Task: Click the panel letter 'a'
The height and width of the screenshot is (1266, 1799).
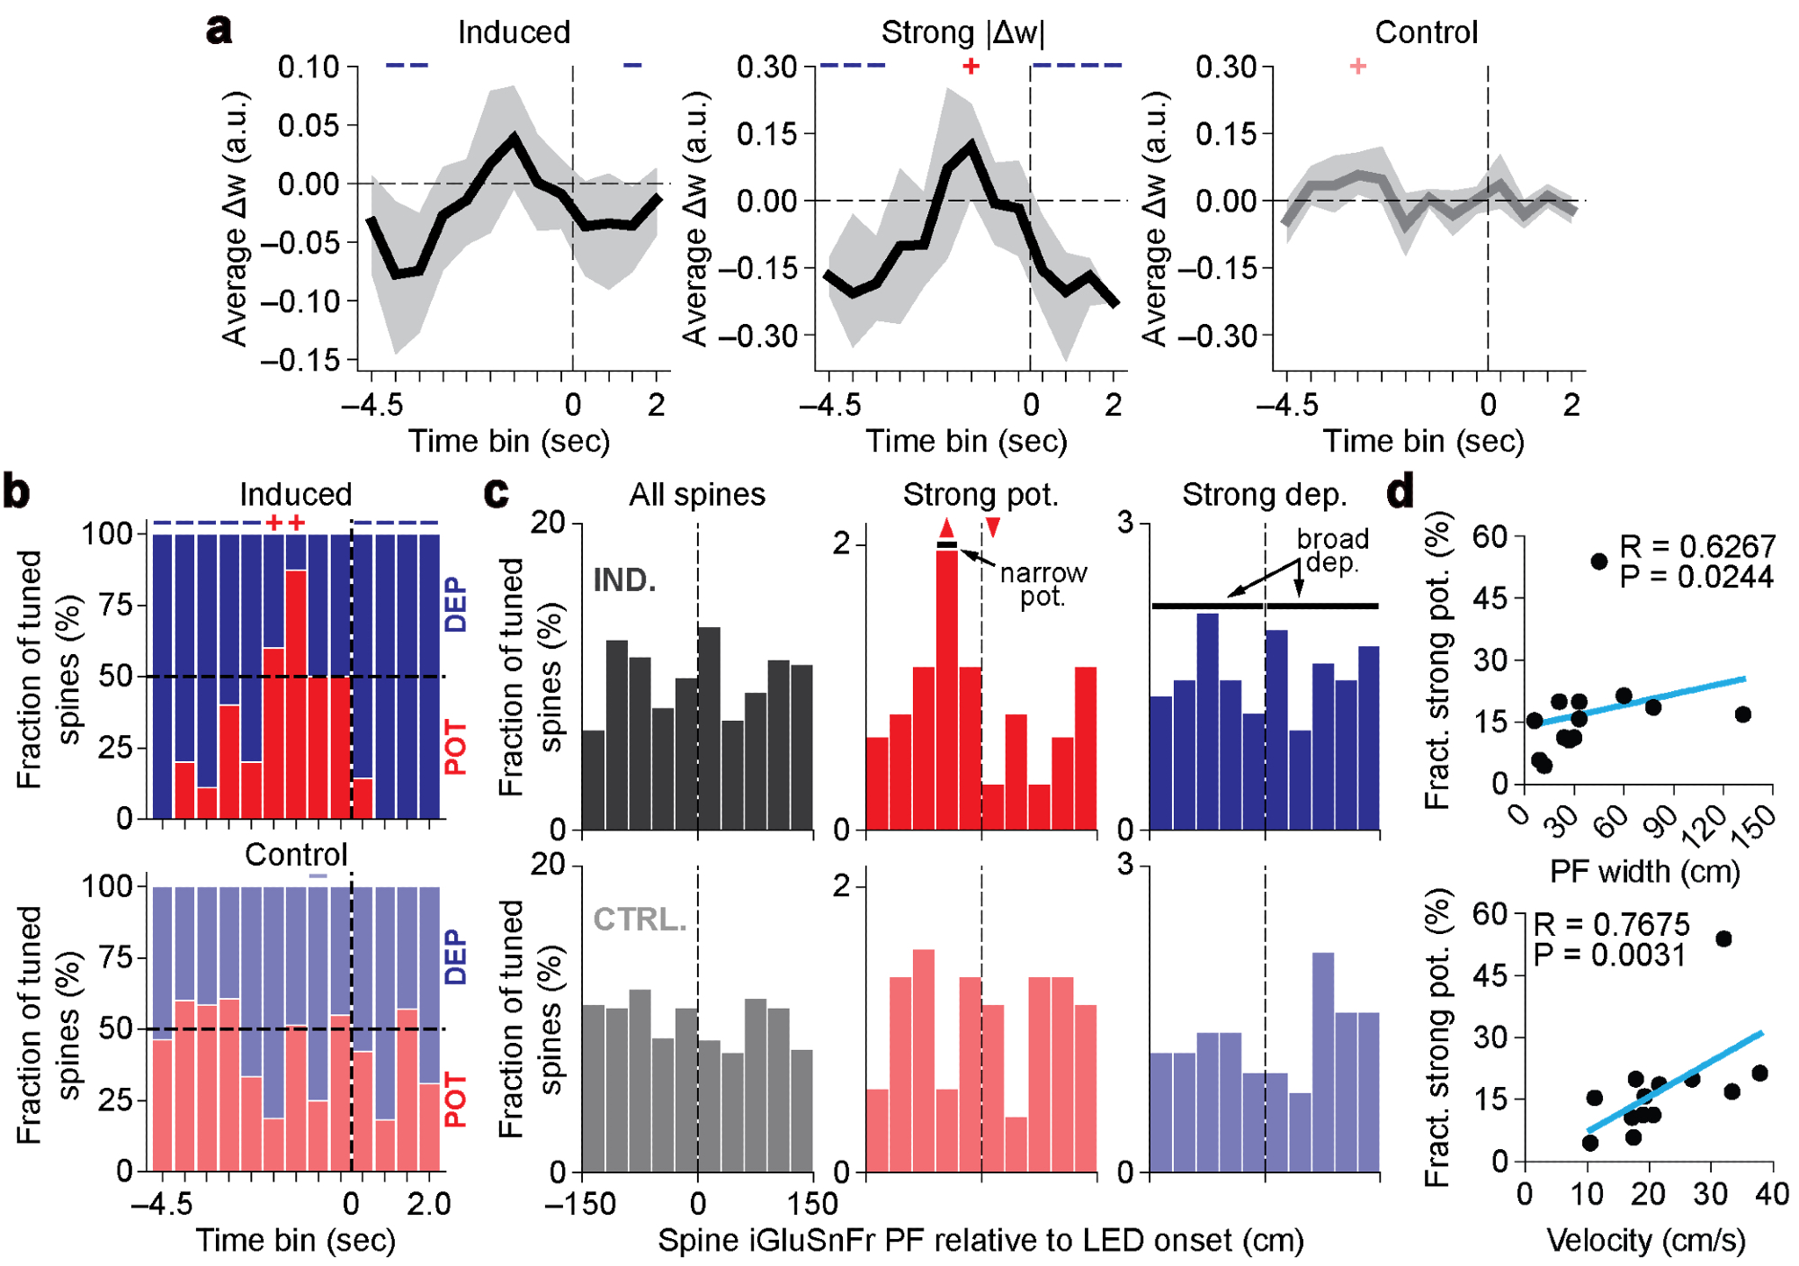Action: click(x=219, y=31)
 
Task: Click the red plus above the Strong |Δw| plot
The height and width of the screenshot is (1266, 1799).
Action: click(x=970, y=67)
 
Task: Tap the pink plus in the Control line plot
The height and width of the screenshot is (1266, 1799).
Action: click(x=1358, y=66)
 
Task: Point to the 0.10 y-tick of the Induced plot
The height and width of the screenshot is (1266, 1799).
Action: click(x=308, y=67)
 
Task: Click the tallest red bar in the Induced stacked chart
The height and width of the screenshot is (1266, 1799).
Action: click(x=296, y=693)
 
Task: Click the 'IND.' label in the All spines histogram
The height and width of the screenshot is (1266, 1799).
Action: click(x=624, y=580)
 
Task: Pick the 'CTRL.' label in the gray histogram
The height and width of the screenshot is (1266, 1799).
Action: click(x=640, y=919)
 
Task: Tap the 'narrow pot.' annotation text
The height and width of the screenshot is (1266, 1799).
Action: click(x=1043, y=585)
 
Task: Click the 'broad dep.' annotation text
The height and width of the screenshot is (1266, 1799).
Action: click(x=1332, y=550)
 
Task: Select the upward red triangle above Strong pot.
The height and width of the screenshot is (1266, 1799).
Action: click(x=946, y=528)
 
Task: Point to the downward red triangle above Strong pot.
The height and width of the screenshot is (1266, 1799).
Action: click(x=992, y=527)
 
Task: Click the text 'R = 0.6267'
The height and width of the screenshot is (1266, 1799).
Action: click(x=1696, y=546)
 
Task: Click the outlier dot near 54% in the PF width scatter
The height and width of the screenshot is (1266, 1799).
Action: click(x=1598, y=561)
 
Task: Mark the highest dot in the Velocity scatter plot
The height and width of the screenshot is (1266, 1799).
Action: click(x=1723, y=938)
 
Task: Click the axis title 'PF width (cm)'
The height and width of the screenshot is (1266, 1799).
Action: click(x=1644, y=871)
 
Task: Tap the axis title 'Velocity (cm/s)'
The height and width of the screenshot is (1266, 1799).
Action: click(x=1645, y=1240)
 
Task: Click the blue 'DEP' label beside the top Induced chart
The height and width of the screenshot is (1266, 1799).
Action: click(x=456, y=604)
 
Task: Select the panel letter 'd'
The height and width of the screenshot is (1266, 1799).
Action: click(x=1401, y=492)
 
